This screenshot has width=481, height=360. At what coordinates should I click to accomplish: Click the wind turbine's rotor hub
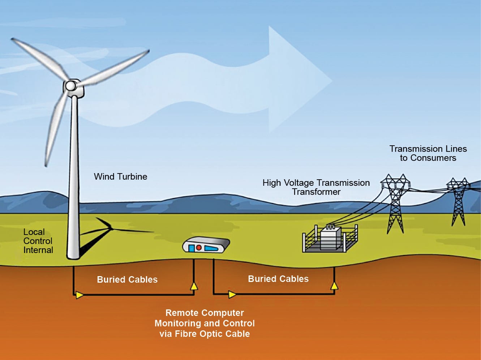point(70,86)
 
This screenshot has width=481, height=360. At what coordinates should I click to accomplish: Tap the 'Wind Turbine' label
point(120,176)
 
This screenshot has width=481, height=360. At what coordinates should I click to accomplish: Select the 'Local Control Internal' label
point(38,241)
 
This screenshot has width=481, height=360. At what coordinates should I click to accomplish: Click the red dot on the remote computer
point(198,248)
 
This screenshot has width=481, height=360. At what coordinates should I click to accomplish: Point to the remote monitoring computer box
point(206,246)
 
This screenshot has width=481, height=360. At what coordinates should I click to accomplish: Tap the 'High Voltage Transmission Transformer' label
point(316,187)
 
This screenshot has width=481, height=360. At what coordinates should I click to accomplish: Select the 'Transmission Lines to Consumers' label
point(428,153)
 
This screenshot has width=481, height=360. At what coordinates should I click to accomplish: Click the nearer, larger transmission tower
point(395,203)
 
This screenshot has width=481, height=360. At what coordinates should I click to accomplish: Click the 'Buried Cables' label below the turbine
point(127,279)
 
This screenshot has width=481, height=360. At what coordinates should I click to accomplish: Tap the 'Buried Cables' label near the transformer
point(278,279)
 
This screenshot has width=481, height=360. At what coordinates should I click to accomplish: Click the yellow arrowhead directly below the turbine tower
point(79,295)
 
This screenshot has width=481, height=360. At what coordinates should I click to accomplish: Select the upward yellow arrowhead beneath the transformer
point(335,286)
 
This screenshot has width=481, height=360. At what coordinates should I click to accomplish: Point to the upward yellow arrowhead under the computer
point(194,286)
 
